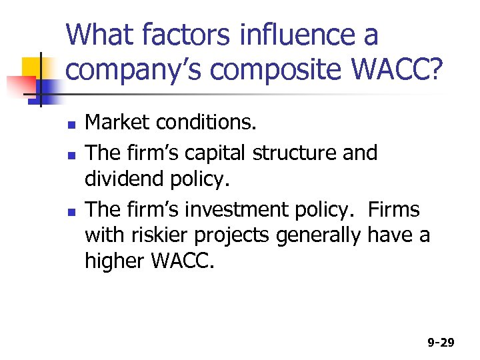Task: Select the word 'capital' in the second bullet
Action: point(216,153)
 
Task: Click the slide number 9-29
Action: point(441,343)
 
